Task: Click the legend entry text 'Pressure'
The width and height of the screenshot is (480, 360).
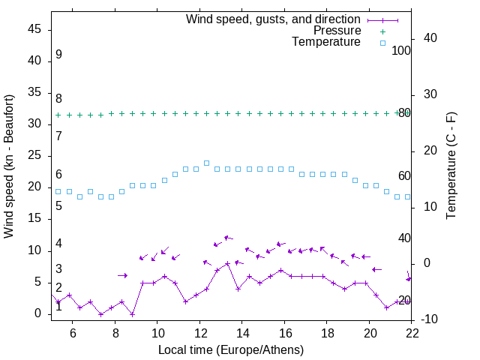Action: point(337,31)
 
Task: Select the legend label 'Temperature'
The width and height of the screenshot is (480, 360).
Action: point(326,43)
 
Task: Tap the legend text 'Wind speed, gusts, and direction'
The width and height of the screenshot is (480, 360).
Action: point(273,19)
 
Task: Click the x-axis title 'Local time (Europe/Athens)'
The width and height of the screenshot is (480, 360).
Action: point(231,350)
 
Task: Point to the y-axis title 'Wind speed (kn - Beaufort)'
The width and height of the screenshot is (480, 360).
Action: point(9,166)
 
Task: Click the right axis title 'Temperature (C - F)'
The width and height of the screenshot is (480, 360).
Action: point(451,166)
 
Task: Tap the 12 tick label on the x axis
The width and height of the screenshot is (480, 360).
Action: point(199,332)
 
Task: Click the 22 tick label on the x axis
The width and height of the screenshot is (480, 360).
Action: point(412,332)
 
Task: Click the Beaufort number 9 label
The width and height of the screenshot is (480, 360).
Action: point(58,55)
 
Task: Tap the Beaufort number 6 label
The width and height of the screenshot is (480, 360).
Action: point(58,175)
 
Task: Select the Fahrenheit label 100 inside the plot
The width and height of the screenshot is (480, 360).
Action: point(401,51)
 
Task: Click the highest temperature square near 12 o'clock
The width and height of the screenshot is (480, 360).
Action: point(206,163)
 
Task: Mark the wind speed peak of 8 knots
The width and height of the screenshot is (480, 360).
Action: point(227,263)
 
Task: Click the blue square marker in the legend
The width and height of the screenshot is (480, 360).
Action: point(382,43)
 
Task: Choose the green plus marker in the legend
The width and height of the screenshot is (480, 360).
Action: point(382,31)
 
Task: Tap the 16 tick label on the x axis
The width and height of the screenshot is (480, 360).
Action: point(284,332)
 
